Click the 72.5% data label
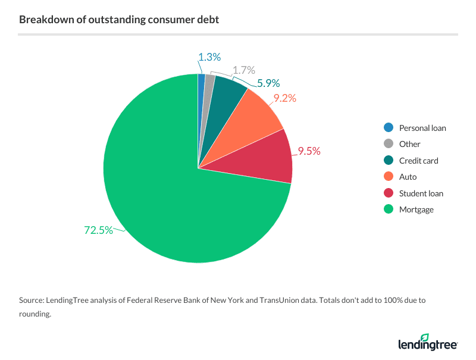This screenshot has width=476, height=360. coord(98,230)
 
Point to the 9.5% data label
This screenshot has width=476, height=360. coord(309,151)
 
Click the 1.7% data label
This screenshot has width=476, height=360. coord(243,71)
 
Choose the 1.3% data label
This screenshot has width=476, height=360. coord(209,57)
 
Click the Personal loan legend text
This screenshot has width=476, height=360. coord(422,128)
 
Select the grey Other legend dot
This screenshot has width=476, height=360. coord(389,144)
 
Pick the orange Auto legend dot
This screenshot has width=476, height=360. coord(389,177)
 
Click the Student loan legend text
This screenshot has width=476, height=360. coord(421,193)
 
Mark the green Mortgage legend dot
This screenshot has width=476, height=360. coord(389,209)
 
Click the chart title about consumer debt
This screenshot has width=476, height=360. coord(119,20)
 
